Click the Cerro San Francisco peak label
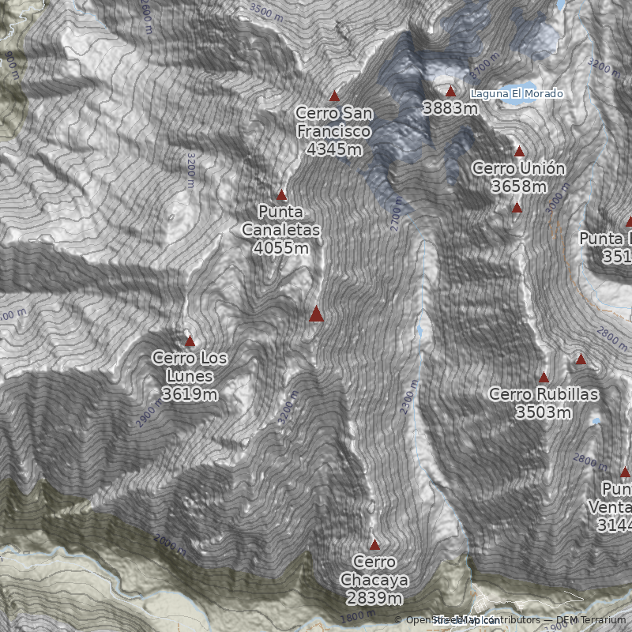[x=334, y=122]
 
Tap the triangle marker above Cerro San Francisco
[x=334, y=96]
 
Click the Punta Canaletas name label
[x=281, y=221]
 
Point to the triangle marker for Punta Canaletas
[x=281, y=194]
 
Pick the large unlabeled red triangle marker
[x=316, y=314]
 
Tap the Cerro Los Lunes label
[x=190, y=367]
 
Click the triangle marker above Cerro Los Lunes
[x=190, y=340]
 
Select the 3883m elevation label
[x=450, y=108]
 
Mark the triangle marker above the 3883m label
[x=450, y=91]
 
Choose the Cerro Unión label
[x=518, y=168]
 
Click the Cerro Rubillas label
[x=544, y=393]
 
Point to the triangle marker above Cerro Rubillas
[x=544, y=377]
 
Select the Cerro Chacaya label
[x=374, y=570]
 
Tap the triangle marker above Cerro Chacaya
[x=374, y=544]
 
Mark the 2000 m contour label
[x=168, y=545]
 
